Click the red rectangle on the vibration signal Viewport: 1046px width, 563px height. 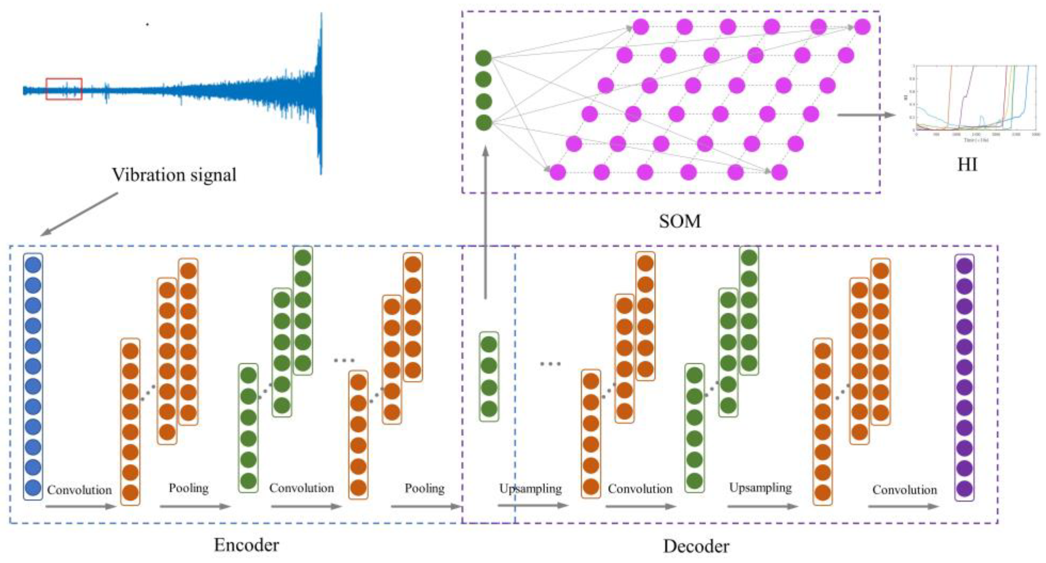(x=64, y=89)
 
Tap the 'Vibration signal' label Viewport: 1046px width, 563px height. (x=174, y=175)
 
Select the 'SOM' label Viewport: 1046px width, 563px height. (x=680, y=221)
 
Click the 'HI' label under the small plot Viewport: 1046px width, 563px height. (x=967, y=165)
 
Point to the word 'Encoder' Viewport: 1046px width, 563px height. (x=247, y=545)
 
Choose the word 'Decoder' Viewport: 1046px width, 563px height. (x=696, y=546)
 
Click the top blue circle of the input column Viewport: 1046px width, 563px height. (x=33, y=265)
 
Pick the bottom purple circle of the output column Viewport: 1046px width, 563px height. (x=964, y=489)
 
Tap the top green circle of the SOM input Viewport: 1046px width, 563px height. (x=483, y=58)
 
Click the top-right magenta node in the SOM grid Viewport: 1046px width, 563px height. (x=862, y=27)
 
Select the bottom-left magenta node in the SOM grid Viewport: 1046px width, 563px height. (x=557, y=172)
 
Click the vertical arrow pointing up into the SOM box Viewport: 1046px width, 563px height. (x=485, y=223)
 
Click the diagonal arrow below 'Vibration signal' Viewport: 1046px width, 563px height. (x=80, y=214)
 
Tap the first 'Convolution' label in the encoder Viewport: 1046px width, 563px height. (x=80, y=490)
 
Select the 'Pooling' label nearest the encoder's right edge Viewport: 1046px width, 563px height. (x=424, y=488)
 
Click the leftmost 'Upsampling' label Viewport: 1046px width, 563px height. (x=530, y=488)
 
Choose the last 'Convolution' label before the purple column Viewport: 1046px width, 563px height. (x=905, y=489)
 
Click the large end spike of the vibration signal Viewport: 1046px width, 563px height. (x=320, y=93)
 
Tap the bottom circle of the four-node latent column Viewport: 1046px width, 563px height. (x=489, y=409)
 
